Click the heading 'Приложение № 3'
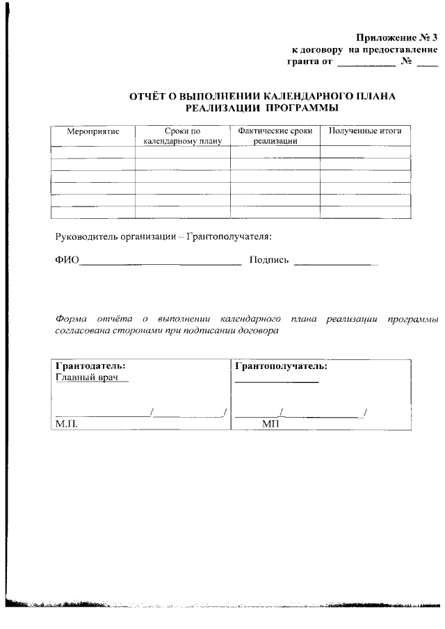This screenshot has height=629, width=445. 396,38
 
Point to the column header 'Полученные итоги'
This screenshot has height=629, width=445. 364,131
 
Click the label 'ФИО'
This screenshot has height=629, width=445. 67,261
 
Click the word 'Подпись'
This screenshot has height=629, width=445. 268,261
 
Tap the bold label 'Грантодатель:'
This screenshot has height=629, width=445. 90,366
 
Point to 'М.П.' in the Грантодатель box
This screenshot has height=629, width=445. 65,424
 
